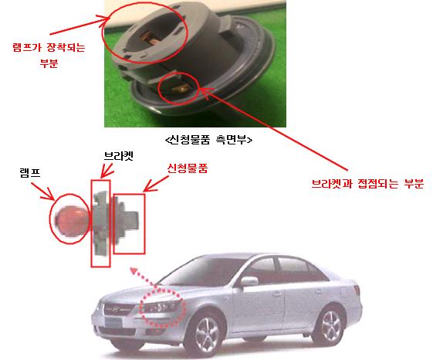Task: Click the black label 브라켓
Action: [x=118, y=156]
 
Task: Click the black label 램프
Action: [x=30, y=173]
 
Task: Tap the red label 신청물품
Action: [x=188, y=168]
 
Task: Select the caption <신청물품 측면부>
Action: [x=208, y=140]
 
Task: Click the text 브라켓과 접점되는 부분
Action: [x=367, y=184]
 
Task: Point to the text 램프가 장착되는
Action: [x=49, y=47]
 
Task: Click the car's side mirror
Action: [x=249, y=281]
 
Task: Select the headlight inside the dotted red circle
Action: [x=161, y=307]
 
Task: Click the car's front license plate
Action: [x=113, y=321]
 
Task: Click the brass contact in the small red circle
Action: [x=181, y=89]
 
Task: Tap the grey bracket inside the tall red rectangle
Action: [x=100, y=222]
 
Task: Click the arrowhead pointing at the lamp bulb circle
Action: [x=49, y=195]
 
